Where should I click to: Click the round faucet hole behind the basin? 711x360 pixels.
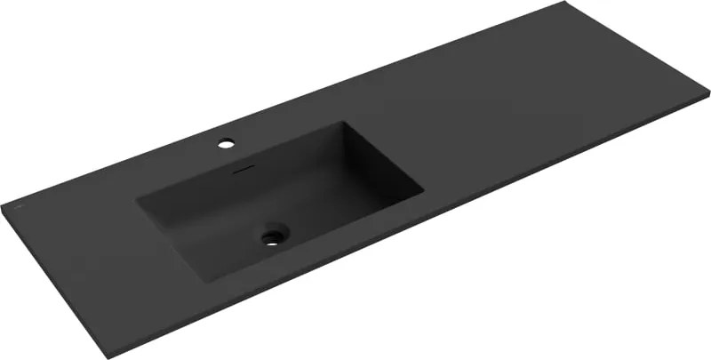pos(227,142)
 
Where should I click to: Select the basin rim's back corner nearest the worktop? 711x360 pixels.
pos(341,123)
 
